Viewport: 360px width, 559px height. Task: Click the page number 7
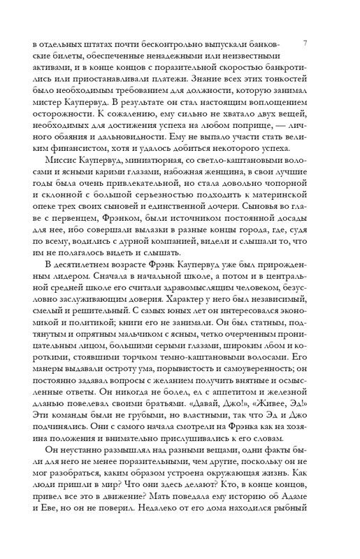[308, 43]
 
